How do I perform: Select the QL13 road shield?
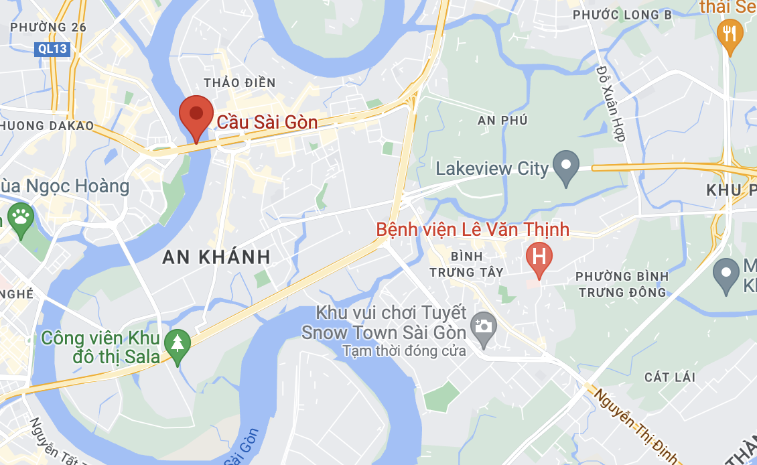[52, 48]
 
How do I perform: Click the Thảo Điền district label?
[239, 82]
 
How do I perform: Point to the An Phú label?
[502, 120]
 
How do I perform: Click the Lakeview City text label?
[492, 168]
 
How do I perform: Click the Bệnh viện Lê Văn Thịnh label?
[472, 230]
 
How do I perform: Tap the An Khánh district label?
[216, 256]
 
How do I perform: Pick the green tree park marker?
[178, 344]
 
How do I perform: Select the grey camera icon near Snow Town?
[482, 326]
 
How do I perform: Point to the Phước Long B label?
[622, 14]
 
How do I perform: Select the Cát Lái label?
[670, 377]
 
